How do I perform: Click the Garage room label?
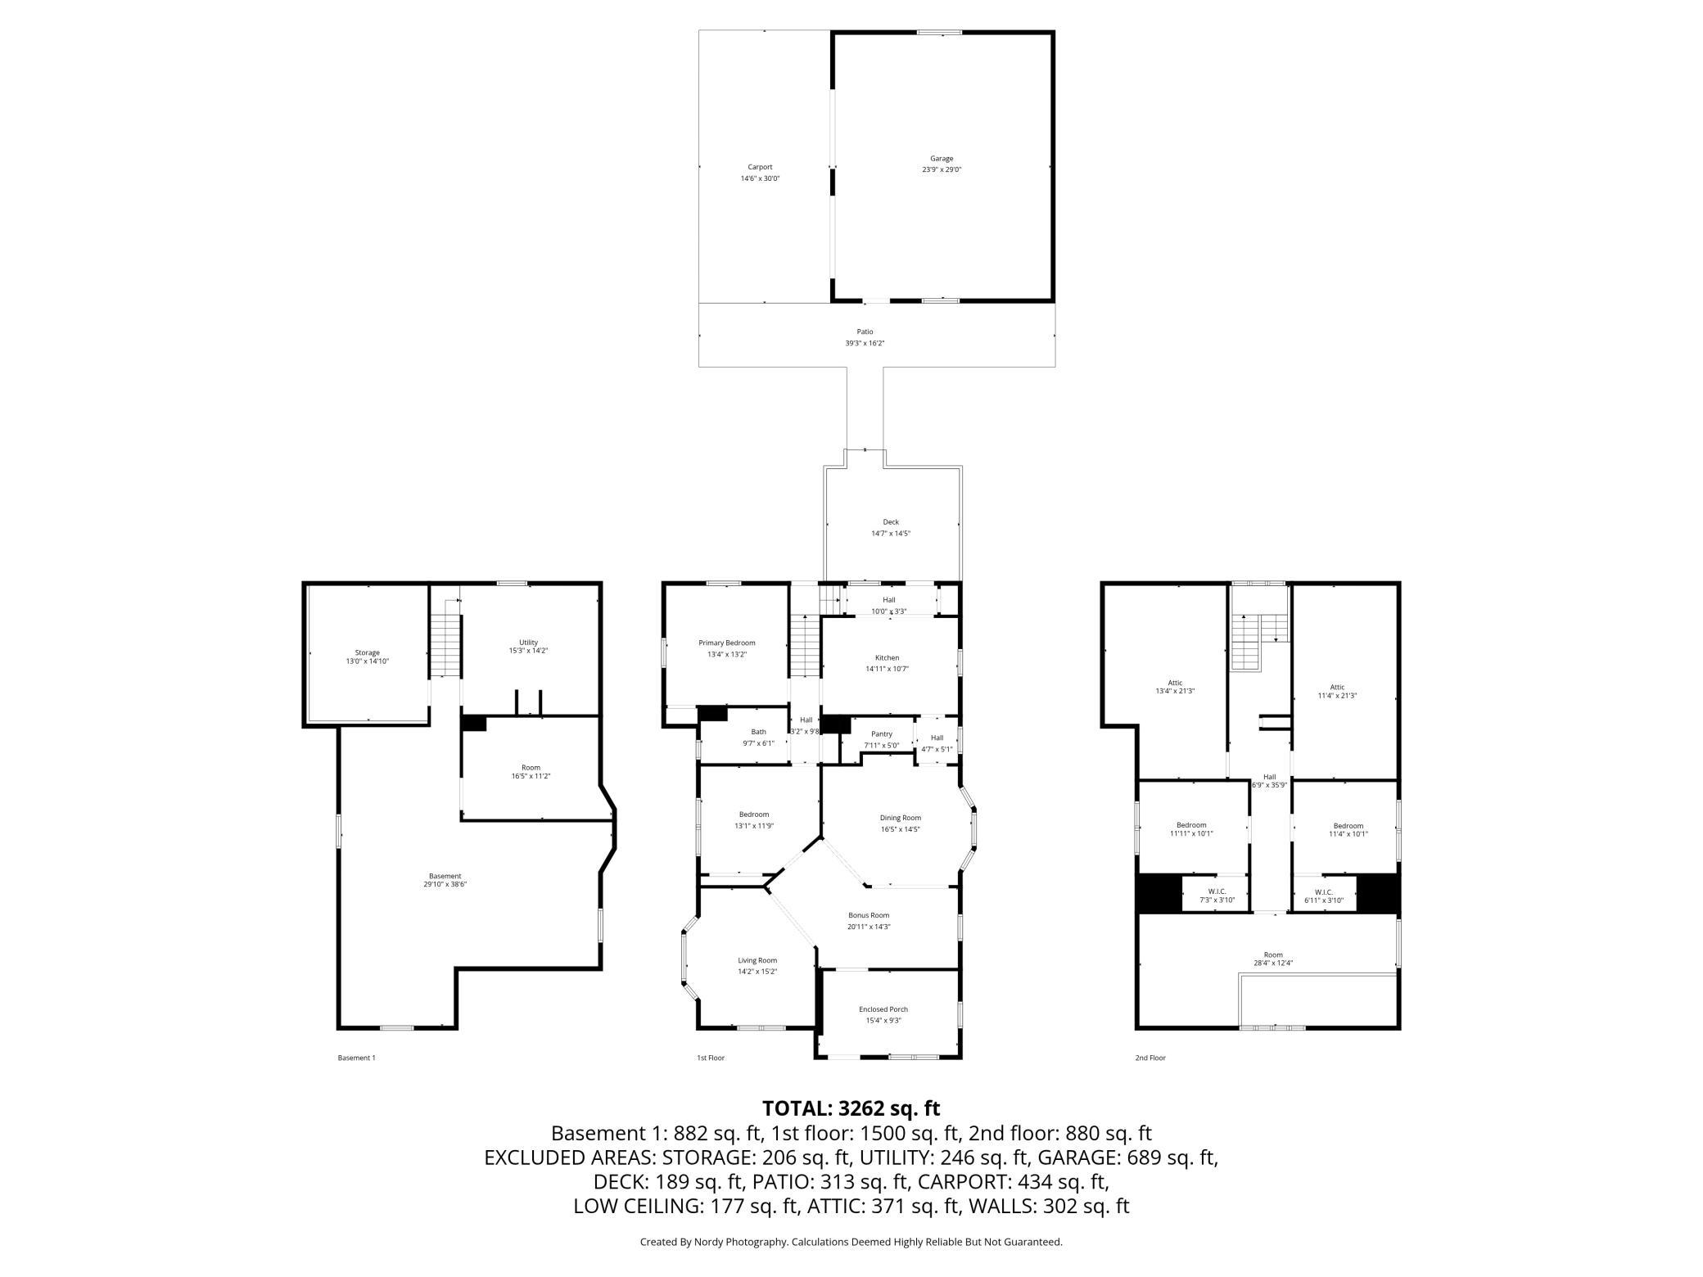pyautogui.click(x=942, y=159)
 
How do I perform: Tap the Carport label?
pyautogui.click(x=760, y=167)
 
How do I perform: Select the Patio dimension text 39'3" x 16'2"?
pyautogui.click(x=865, y=343)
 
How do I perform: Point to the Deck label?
pyautogui.click(x=891, y=522)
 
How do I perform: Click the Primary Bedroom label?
pyautogui.click(x=726, y=643)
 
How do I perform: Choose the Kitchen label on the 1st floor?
pyautogui.click(x=887, y=657)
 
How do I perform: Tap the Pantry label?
pyautogui.click(x=882, y=734)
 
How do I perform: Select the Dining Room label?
pyautogui.click(x=901, y=818)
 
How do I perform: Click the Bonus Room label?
pyautogui.click(x=868, y=915)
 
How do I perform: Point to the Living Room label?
pyautogui.click(x=757, y=960)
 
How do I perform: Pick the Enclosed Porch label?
pyautogui.click(x=883, y=1009)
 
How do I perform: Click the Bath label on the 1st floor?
pyautogui.click(x=759, y=732)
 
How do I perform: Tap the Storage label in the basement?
pyautogui.click(x=367, y=652)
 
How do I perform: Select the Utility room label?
pyautogui.click(x=528, y=643)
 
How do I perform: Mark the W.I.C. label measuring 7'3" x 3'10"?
pyautogui.click(x=1217, y=891)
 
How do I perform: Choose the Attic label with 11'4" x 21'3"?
pyautogui.click(x=1337, y=688)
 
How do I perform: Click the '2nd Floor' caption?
pyautogui.click(x=1150, y=1058)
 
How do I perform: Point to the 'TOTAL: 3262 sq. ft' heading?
pyautogui.click(x=851, y=1108)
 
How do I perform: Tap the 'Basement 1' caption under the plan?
pyautogui.click(x=356, y=1058)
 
